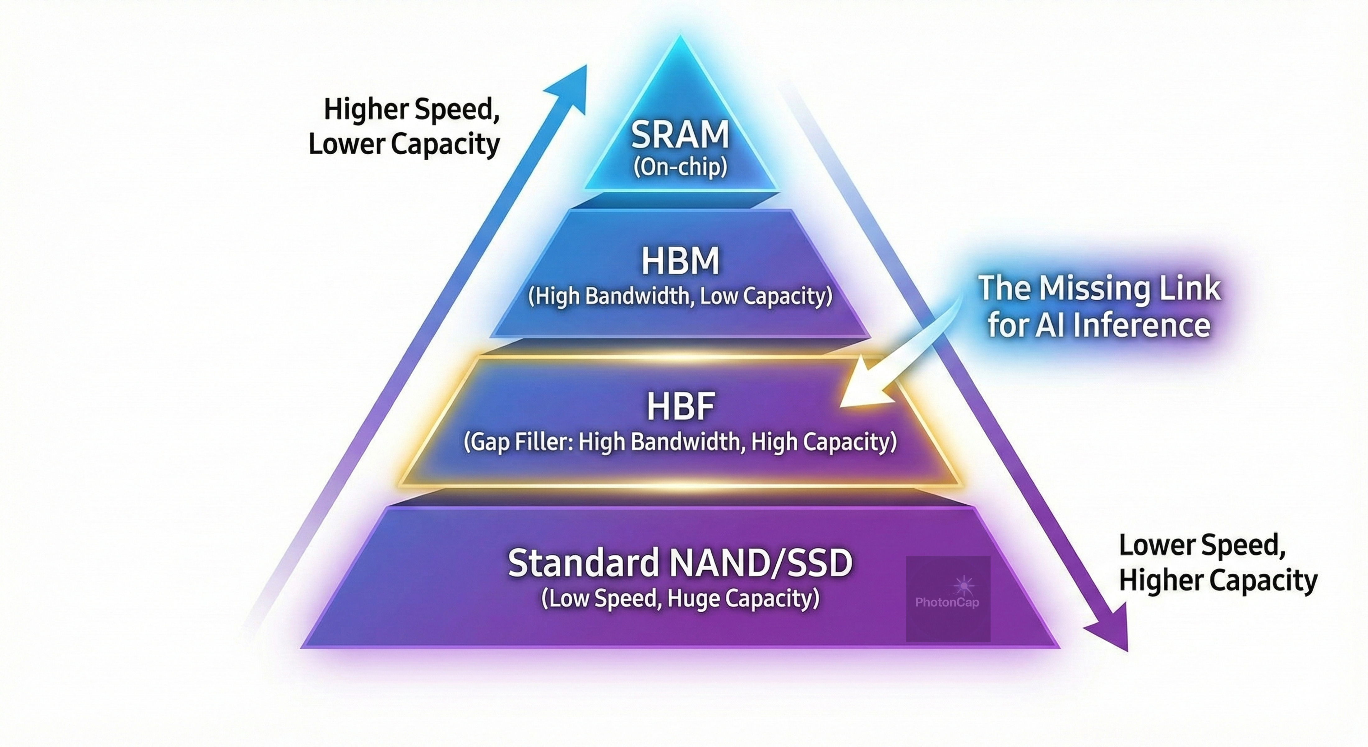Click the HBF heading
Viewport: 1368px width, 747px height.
pyautogui.click(x=680, y=406)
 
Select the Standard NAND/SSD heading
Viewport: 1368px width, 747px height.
pyautogui.click(x=680, y=563)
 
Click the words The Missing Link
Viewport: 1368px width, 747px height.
pyautogui.click(x=1099, y=288)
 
